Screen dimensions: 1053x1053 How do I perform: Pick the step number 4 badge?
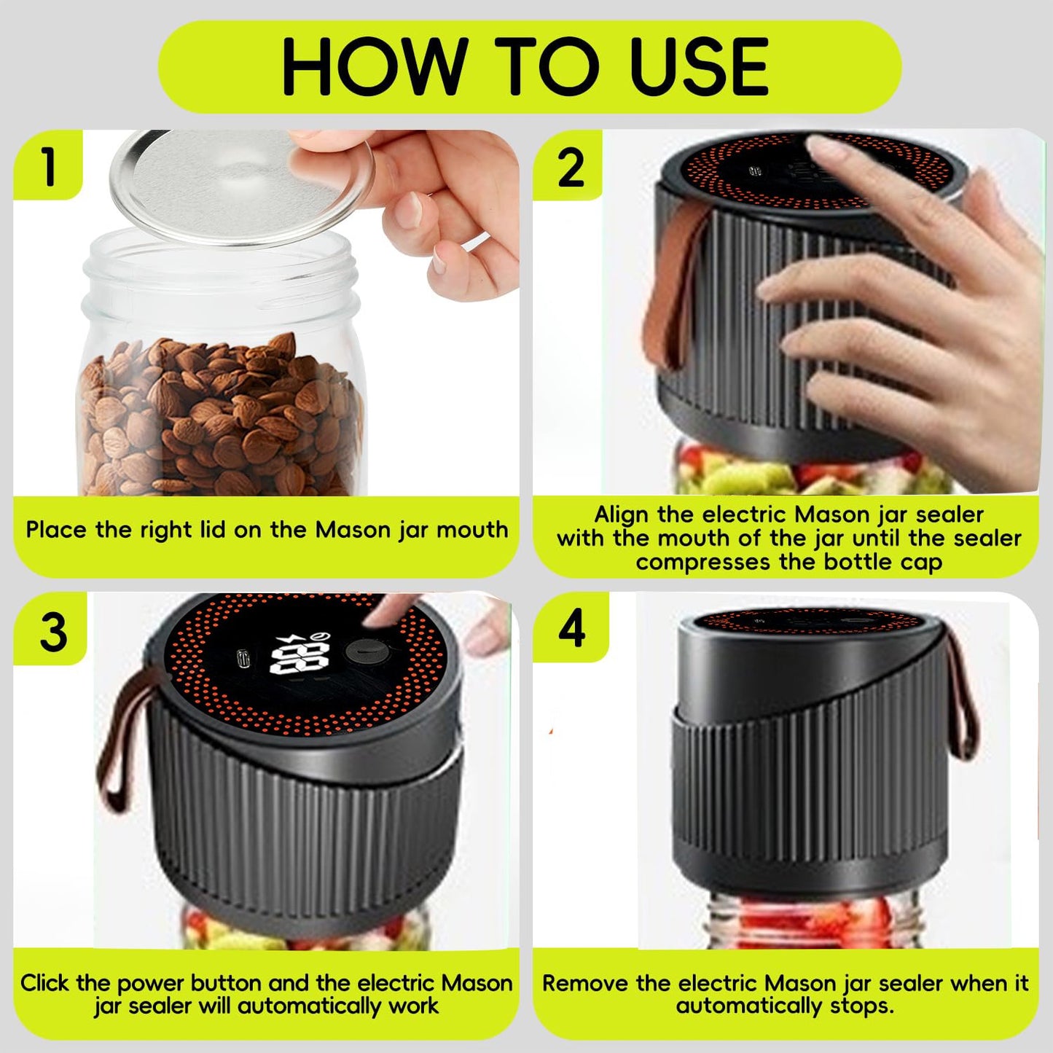pos(571,628)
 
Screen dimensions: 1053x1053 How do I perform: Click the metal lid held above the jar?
pos(240,186)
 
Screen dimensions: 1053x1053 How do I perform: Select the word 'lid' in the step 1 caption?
pos(210,530)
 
